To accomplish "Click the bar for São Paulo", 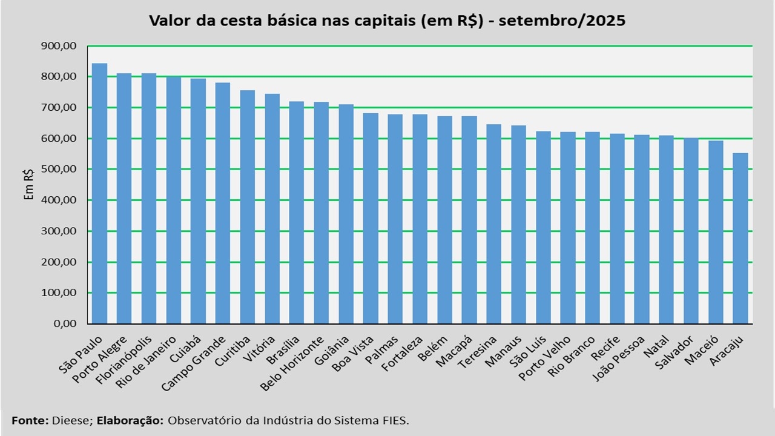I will click(99, 194).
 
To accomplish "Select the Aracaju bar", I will click(740, 239).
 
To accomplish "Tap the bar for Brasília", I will click(297, 213).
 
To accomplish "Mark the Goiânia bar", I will click(346, 214).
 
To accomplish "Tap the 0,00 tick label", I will click(65, 324).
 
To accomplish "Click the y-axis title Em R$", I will click(28, 185).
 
